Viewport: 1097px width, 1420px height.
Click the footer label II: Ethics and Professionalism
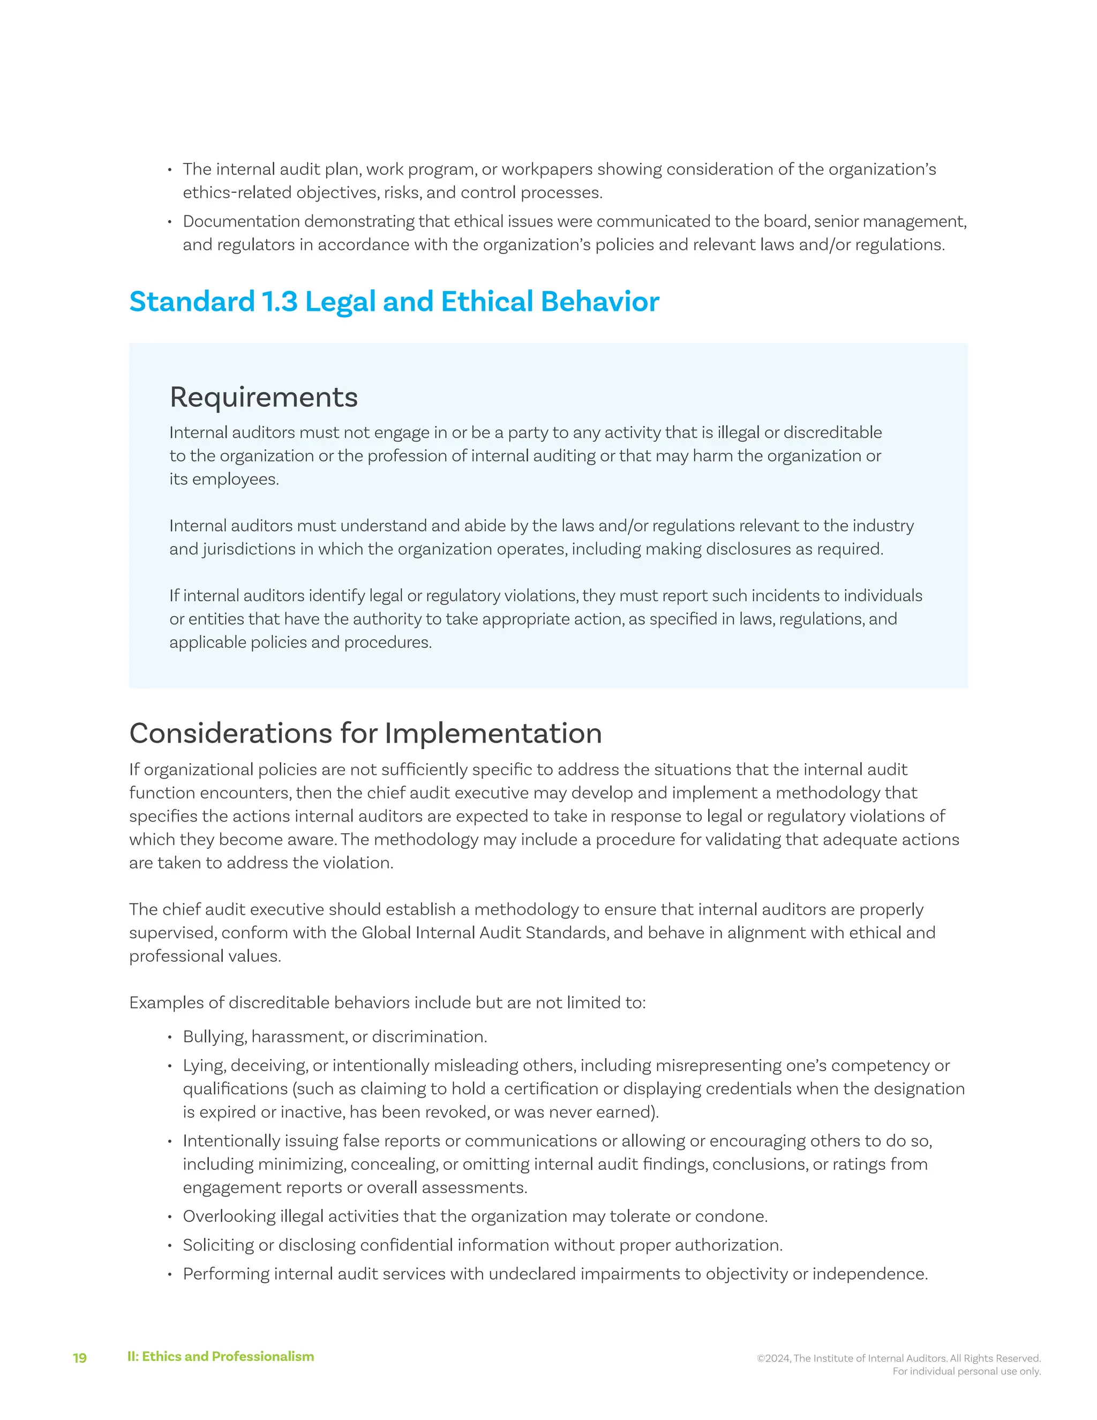click(220, 1356)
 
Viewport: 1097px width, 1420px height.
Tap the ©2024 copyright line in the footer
click(898, 1358)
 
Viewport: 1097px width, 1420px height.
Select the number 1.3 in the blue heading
click(280, 302)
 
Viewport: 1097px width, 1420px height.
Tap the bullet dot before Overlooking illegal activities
click(170, 1217)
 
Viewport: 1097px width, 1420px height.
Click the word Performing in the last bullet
click(226, 1274)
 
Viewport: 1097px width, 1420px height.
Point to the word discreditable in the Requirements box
click(832, 432)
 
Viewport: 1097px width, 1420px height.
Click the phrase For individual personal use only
click(966, 1371)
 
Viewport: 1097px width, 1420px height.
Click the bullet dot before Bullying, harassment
click(170, 1037)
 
